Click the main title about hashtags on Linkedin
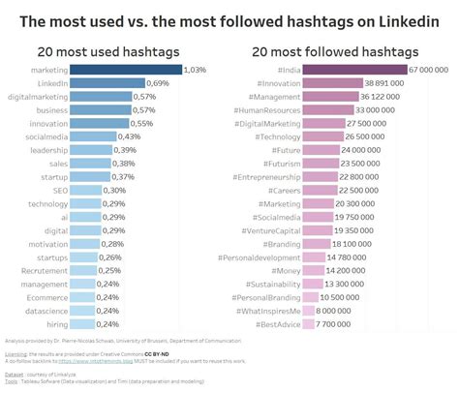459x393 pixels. (x=229, y=19)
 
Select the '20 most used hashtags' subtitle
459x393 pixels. (x=109, y=51)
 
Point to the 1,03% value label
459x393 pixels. (x=197, y=70)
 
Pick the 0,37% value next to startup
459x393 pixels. (x=124, y=177)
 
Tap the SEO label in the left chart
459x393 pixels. (x=60, y=191)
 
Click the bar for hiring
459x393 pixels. (x=83, y=324)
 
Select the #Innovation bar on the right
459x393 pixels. (x=330, y=83)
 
